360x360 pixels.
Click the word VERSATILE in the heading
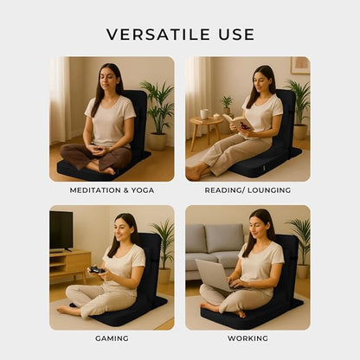pos(158,35)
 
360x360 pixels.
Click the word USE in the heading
pos(236,35)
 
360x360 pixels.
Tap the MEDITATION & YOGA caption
pos(112,190)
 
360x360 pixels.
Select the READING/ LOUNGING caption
pos(247,190)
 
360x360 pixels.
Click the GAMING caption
pos(112,338)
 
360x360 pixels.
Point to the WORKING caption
pos(247,338)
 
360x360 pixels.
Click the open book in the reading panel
pos(237,122)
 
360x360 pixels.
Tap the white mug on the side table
pos(204,114)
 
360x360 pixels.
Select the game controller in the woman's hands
pos(97,270)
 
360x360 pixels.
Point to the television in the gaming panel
pos(61,231)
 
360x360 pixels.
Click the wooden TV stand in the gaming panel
pos(69,264)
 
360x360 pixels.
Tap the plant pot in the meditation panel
pos(157,141)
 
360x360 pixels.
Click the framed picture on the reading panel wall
pos(300,66)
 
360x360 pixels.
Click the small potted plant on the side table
pos(227,105)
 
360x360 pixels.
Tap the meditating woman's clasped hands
pos(97,149)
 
